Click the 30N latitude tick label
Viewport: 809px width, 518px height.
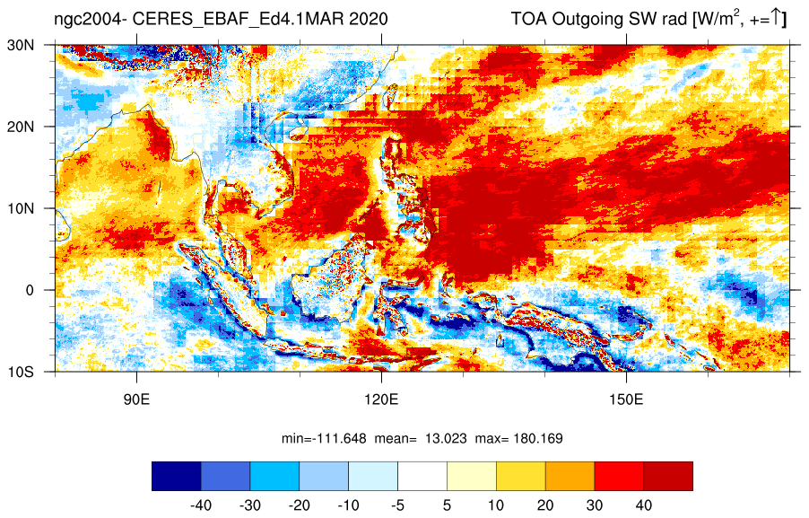(21, 46)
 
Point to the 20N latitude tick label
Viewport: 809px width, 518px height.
(21, 127)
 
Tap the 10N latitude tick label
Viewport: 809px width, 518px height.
(21, 208)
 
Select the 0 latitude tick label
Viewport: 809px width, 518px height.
(30, 290)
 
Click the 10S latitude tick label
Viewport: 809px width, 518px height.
(21, 372)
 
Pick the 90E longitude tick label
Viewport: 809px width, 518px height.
(136, 400)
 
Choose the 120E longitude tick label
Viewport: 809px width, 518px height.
(381, 400)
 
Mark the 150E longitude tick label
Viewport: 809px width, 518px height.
(626, 400)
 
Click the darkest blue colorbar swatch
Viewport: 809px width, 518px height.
(177, 476)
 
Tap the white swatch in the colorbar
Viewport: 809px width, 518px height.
(422, 476)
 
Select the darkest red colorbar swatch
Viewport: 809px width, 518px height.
(668, 476)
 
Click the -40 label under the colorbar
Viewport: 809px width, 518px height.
(201, 505)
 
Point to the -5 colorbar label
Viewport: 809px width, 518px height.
(397, 505)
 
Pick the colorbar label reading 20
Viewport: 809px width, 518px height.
(545, 505)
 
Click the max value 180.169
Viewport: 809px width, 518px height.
(538, 439)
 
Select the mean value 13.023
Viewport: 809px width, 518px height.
(446, 439)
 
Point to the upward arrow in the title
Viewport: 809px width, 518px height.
(777, 19)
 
